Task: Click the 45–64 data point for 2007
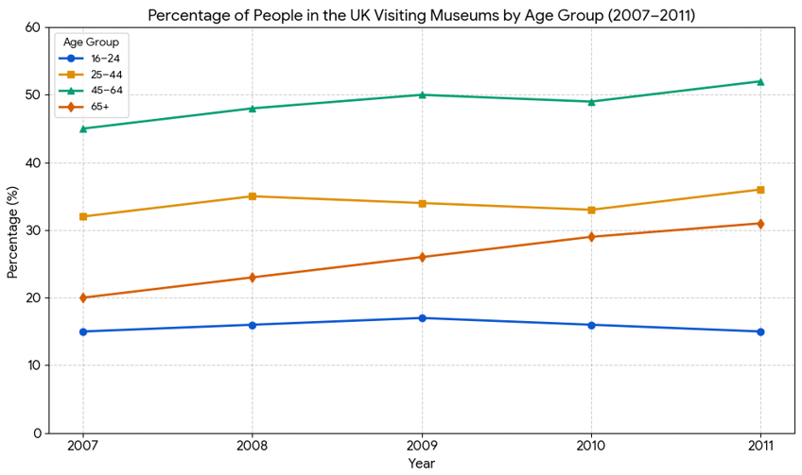(x=83, y=128)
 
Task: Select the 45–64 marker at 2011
(x=760, y=81)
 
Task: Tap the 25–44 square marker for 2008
(x=253, y=196)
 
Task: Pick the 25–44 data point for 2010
(x=591, y=210)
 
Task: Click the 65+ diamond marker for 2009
(x=422, y=257)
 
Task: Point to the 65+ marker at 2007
(x=83, y=297)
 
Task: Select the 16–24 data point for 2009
(x=422, y=318)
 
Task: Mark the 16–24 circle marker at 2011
(x=760, y=331)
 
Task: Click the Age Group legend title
(x=90, y=42)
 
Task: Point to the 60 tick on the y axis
(x=33, y=27)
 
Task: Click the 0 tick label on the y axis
(x=37, y=433)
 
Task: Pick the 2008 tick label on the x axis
(x=253, y=446)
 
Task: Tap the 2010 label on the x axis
(x=591, y=446)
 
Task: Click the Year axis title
(x=422, y=464)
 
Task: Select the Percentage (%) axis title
(x=13, y=230)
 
